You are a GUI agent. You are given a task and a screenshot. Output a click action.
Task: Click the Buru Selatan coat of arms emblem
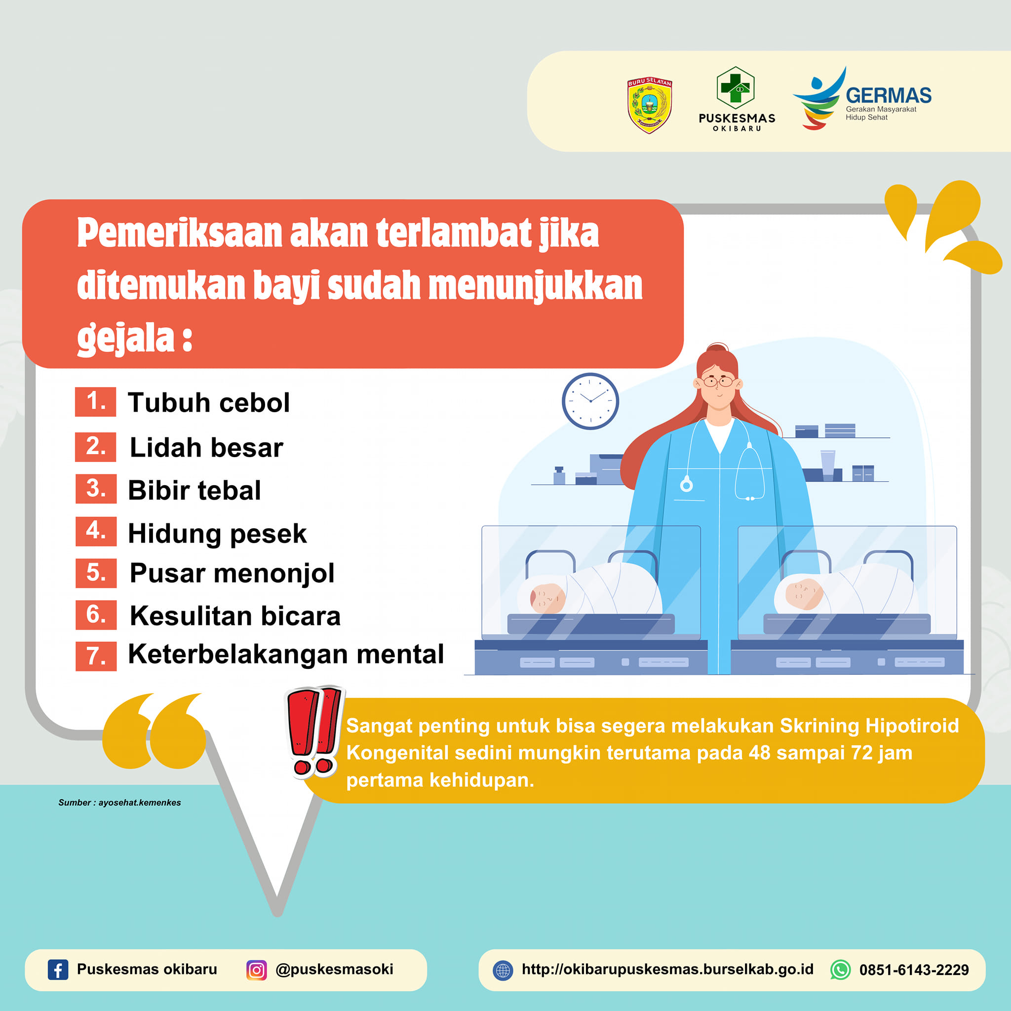click(650, 105)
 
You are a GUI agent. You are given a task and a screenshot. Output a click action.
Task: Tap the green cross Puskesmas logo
click(735, 87)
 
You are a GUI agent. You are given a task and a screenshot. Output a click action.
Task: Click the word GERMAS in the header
click(889, 95)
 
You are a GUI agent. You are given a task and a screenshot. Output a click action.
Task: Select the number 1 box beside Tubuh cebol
click(95, 402)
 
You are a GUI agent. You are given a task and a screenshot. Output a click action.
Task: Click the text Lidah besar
click(206, 447)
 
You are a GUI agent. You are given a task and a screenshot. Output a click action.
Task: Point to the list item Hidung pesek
click(217, 534)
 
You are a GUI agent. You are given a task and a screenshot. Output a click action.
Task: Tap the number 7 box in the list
click(96, 656)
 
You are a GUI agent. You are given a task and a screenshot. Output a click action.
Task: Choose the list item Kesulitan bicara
click(235, 616)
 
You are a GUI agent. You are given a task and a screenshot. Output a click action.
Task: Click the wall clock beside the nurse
click(590, 401)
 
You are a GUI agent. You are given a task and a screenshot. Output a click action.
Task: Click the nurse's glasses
click(718, 381)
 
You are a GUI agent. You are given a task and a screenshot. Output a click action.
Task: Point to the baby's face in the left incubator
click(547, 598)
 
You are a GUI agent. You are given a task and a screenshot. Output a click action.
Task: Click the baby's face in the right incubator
click(804, 594)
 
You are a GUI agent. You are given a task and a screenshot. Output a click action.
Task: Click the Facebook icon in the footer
click(58, 970)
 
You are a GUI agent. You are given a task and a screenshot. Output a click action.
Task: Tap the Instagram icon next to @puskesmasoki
click(256, 970)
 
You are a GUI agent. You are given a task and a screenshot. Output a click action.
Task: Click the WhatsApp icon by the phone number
click(840, 970)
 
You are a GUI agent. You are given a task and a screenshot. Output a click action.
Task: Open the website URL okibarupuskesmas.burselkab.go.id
click(668, 969)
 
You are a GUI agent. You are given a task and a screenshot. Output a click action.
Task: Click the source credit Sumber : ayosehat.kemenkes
click(119, 803)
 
